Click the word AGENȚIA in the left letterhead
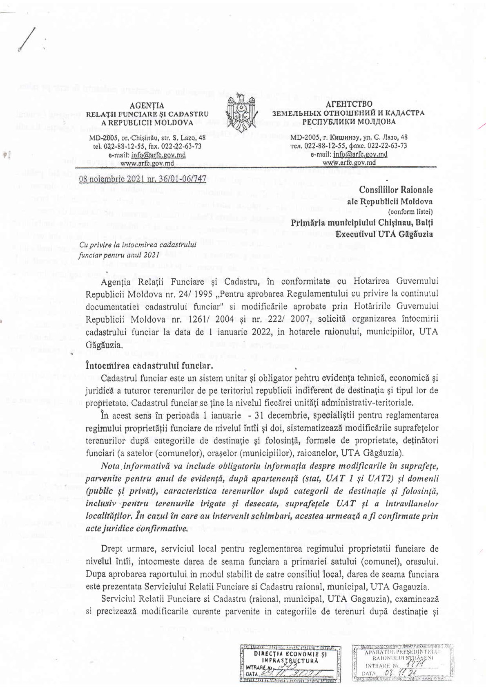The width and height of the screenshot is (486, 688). [147, 105]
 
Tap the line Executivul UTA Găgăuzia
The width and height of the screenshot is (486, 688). [384, 234]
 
